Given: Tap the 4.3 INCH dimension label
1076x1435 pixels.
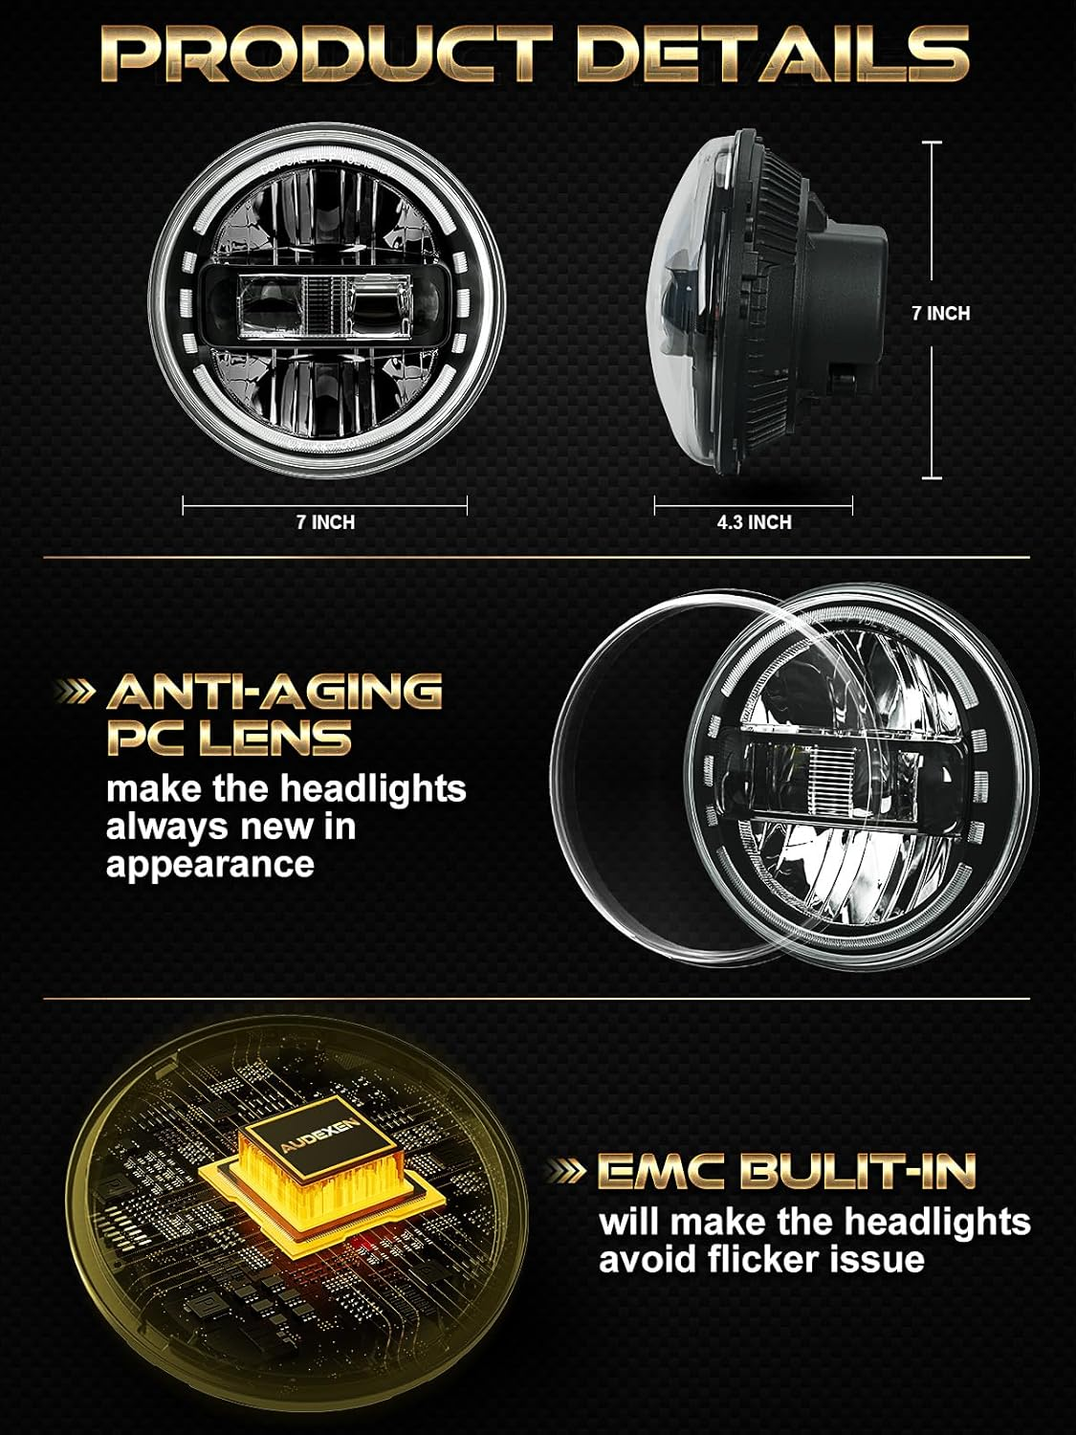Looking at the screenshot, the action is click(754, 522).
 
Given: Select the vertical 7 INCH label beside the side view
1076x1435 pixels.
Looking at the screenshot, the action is click(941, 313).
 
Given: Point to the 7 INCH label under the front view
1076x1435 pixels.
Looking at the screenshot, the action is click(325, 522).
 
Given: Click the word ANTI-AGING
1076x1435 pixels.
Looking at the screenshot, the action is click(274, 692).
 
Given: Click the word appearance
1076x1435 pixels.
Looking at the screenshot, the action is click(210, 866).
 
